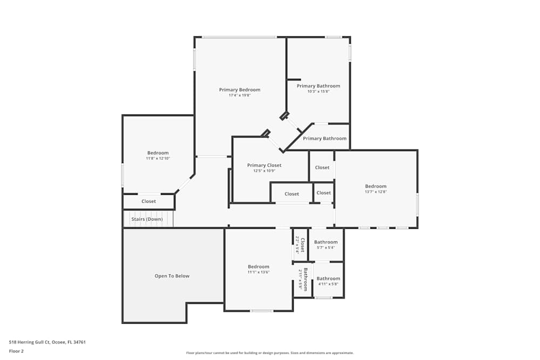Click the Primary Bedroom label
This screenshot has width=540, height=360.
(x=239, y=90)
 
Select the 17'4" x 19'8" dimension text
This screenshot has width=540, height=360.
(x=239, y=96)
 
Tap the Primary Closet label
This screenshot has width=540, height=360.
(x=264, y=165)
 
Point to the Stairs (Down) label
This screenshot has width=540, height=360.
(x=147, y=219)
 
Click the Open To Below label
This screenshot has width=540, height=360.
(x=172, y=276)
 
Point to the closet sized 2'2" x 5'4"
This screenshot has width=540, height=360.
(x=300, y=244)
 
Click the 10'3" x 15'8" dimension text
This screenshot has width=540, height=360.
(x=318, y=92)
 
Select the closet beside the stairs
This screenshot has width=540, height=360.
(x=148, y=201)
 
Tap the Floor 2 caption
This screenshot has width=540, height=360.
(x=16, y=351)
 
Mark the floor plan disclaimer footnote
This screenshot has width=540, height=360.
(x=269, y=353)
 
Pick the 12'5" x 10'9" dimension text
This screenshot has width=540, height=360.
(x=264, y=171)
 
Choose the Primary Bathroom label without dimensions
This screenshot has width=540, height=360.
(x=325, y=139)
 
